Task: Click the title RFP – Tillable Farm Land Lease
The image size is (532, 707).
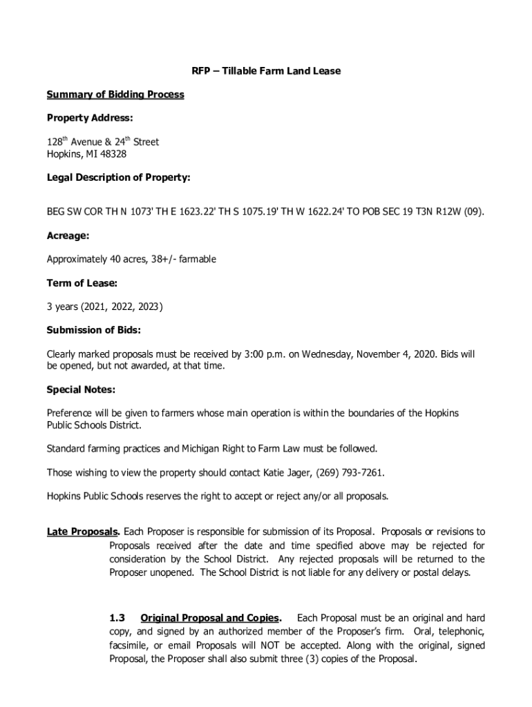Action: pos(266,71)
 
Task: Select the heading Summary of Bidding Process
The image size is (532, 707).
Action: pos(115,95)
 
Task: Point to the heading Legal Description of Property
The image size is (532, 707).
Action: pos(118,177)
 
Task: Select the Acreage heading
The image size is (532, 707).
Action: pos(68,236)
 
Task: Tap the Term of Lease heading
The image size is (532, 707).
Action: pos(82,283)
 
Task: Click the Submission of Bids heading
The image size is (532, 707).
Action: pos(93,330)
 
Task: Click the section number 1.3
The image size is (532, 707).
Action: pos(117,617)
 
